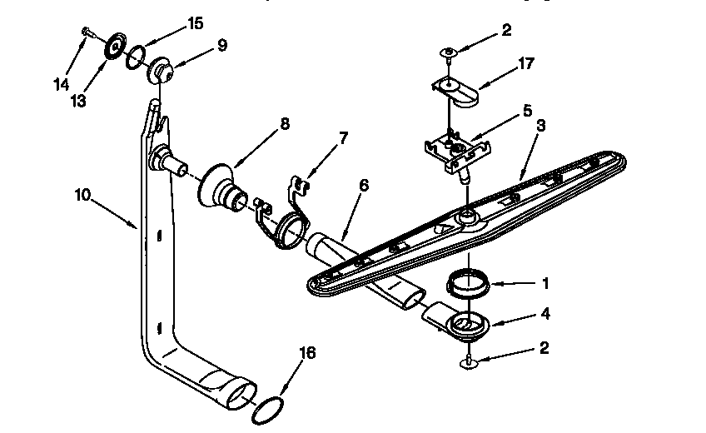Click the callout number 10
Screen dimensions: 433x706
coord(82,195)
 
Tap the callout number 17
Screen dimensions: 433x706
coord(526,62)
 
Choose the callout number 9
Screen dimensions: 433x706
coord(221,47)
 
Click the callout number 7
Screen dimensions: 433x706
coord(344,135)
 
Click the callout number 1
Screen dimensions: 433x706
coord(546,283)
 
